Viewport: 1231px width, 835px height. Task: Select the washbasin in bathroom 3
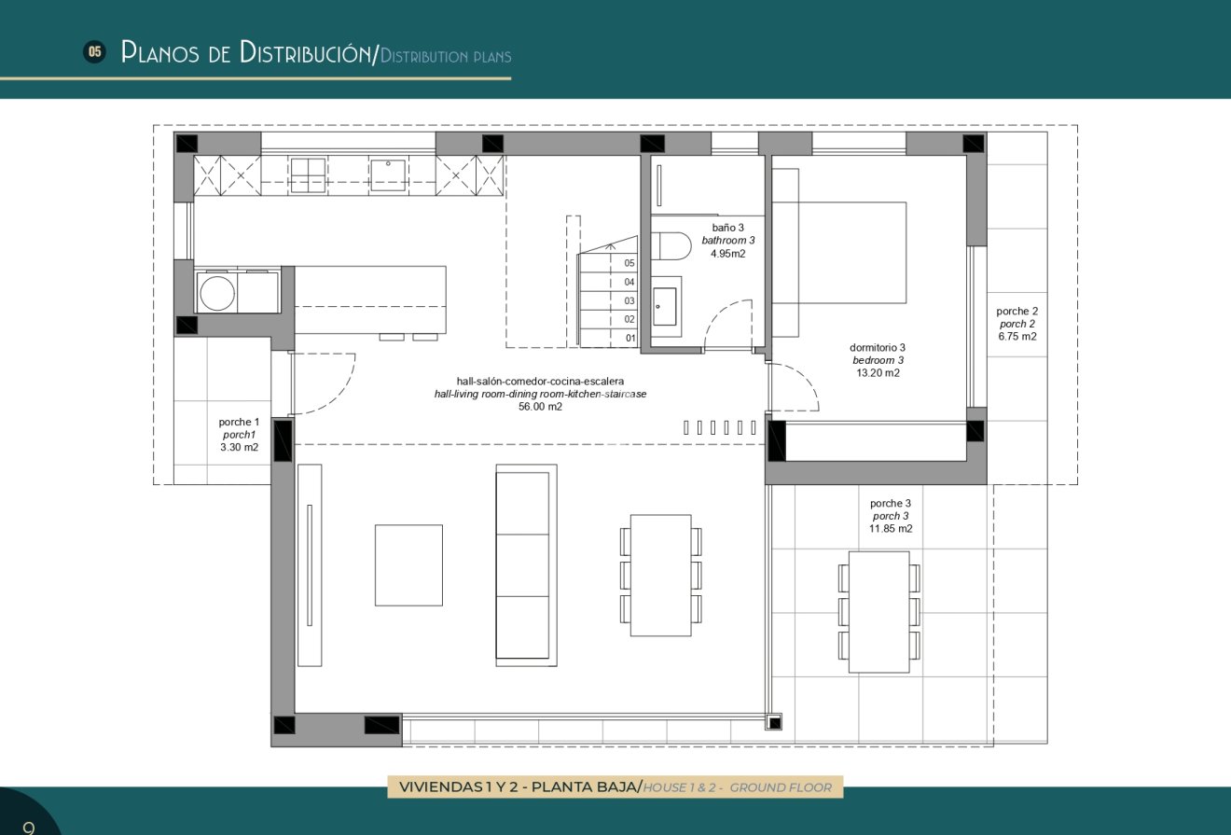(x=665, y=306)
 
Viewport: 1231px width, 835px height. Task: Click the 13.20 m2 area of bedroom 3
(x=877, y=373)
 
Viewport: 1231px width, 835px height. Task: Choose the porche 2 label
(x=1017, y=312)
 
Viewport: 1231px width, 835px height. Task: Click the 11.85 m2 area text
(x=891, y=529)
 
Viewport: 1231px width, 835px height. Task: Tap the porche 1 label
(x=240, y=423)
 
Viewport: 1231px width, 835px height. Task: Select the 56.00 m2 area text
(x=540, y=407)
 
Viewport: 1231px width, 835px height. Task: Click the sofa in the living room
(x=522, y=565)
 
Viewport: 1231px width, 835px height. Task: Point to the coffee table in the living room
(x=408, y=564)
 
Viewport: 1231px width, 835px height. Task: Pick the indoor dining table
(x=660, y=575)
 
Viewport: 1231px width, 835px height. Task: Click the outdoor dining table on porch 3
(x=878, y=611)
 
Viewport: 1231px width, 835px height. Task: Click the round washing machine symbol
(x=216, y=292)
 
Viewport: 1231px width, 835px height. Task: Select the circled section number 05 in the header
(x=94, y=52)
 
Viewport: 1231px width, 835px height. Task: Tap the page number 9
(x=28, y=827)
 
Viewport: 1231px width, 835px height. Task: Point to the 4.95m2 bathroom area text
(x=727, y=253)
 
